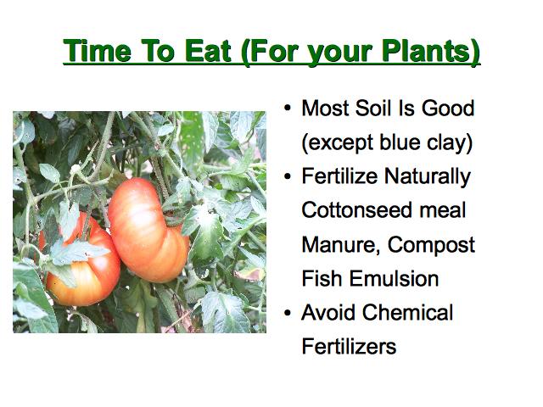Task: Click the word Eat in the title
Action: coord(207,51)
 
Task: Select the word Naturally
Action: coord(428,177)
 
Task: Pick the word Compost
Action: coord(431,246)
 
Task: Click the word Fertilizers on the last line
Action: coord(349,347)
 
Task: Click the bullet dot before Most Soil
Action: coord(288,109)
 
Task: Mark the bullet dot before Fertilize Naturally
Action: coord(288,176)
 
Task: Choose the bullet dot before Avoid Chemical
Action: coord(288,313)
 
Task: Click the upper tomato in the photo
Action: coord(148,230)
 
